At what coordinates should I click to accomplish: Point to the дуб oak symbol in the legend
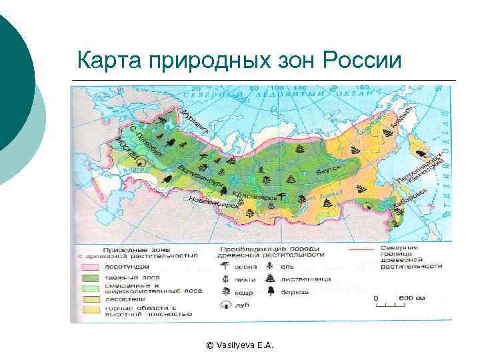click(223, 304)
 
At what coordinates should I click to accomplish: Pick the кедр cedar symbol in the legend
click(223, 291)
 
